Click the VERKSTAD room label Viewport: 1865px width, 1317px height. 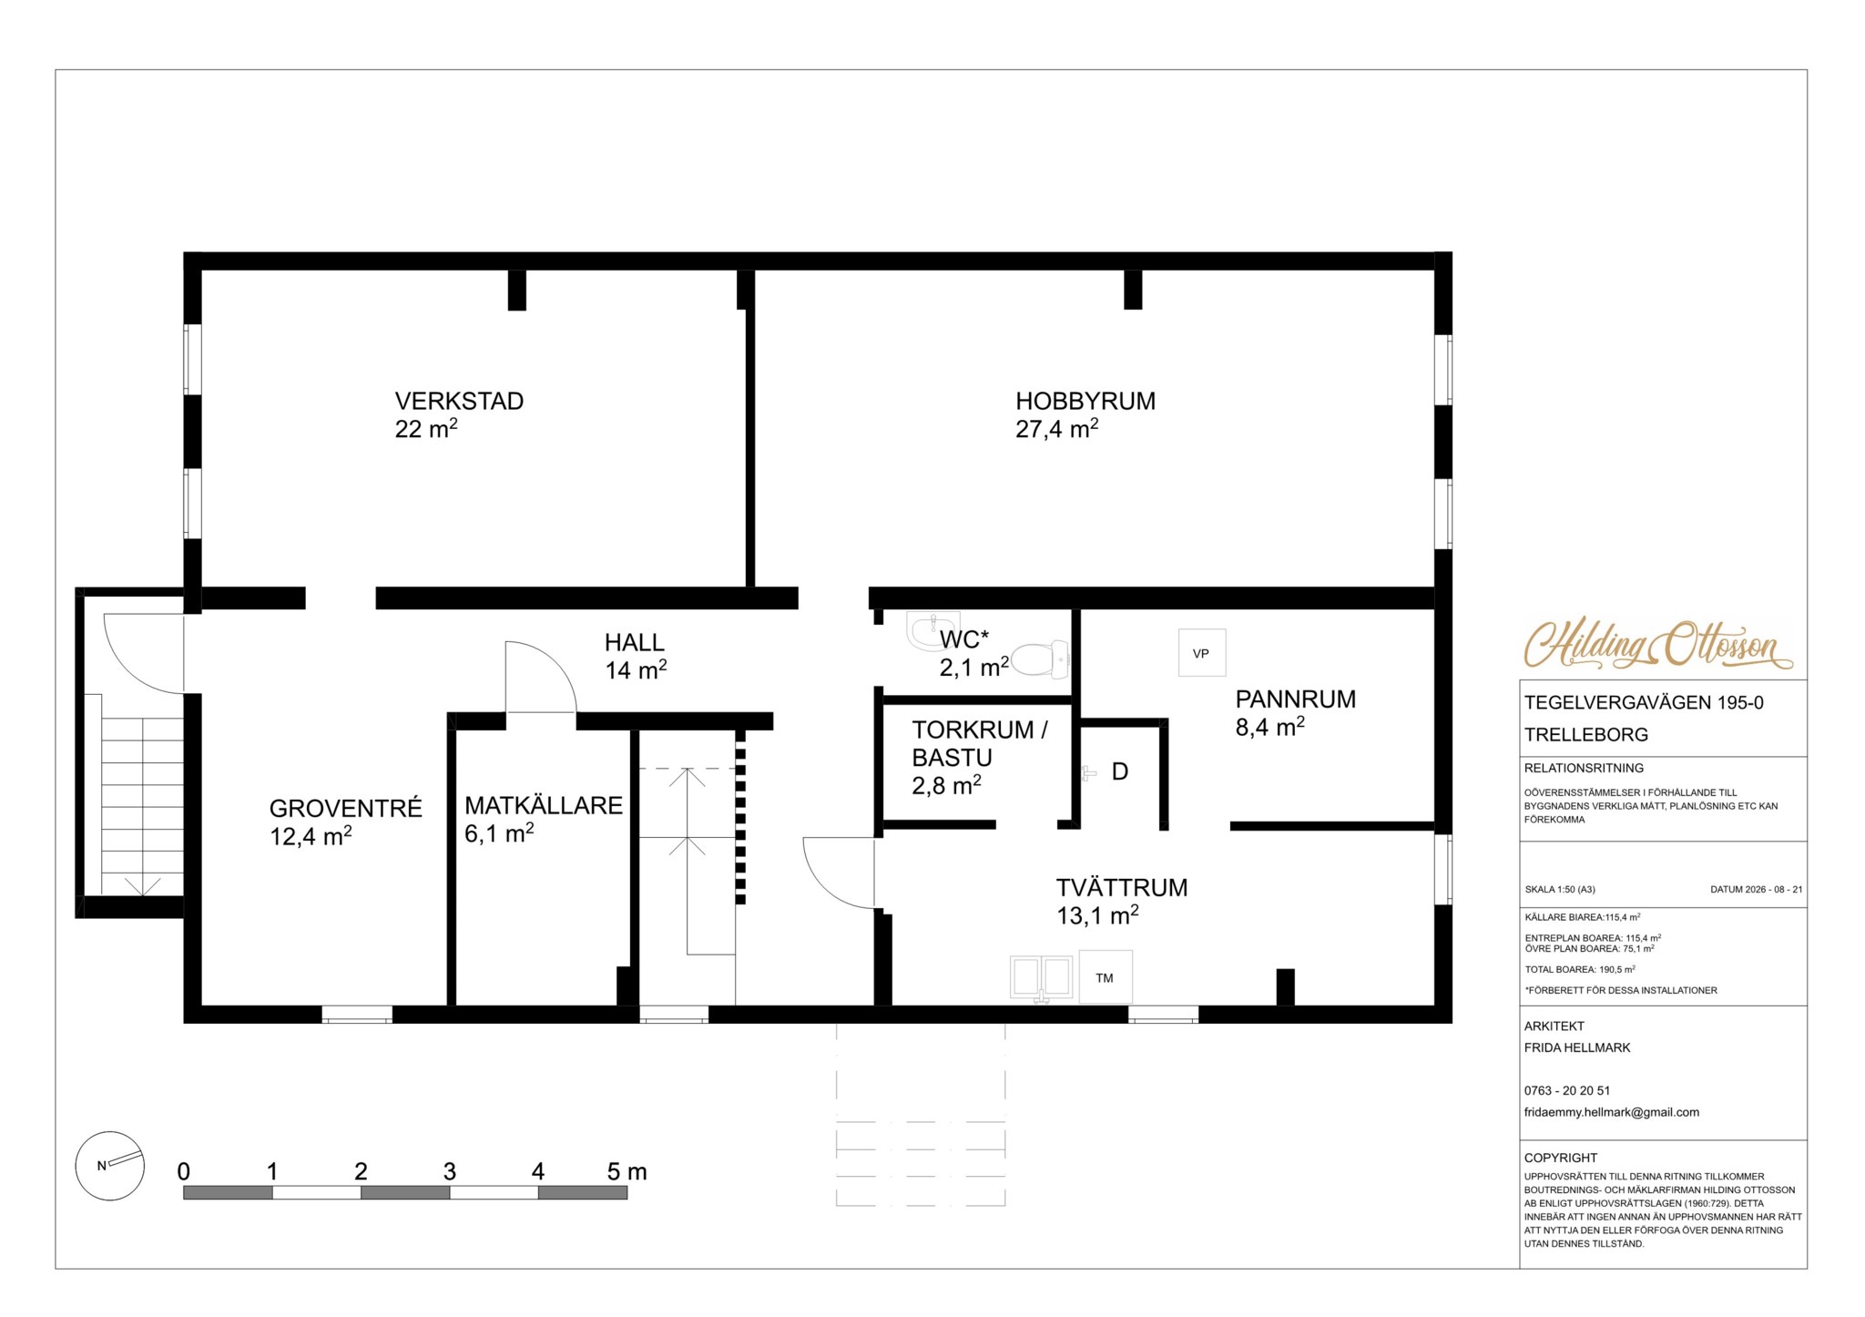point(459,401)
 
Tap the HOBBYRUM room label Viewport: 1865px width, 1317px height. point(1085,401)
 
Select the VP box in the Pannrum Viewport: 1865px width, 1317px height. point(1202,653)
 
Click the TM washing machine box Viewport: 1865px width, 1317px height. point(1106,977)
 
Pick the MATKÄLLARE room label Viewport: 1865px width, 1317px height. point(544,805)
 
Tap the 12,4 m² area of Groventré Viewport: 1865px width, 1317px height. point(311,836)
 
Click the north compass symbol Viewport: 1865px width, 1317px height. point(110,1166)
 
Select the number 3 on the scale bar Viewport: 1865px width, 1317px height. point(450,1171)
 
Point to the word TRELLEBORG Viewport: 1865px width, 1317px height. point(1586,735)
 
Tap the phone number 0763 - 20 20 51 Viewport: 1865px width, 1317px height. point(1567,1090)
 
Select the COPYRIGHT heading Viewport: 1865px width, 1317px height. point(1561,1158)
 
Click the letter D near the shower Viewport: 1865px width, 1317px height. point(1120,771)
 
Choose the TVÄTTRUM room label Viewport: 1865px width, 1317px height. point(1122,888)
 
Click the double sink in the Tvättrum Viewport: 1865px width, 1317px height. point(1041,977)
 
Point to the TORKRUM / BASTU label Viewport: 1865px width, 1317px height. point(980,743)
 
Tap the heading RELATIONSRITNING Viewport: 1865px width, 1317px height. point(1585,768)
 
